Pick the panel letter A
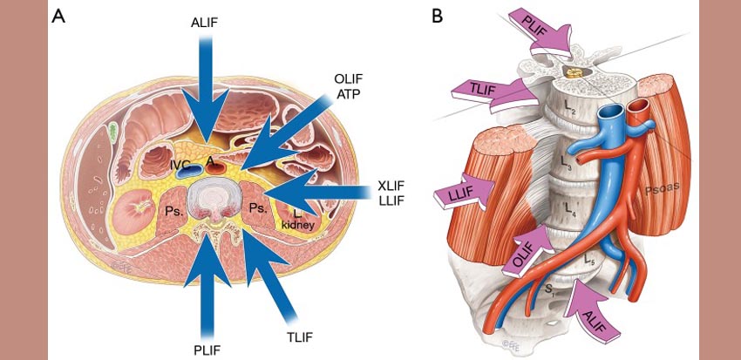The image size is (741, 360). point(59,17)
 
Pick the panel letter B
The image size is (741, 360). point(438,17)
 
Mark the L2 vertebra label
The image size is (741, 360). point(568,108)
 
